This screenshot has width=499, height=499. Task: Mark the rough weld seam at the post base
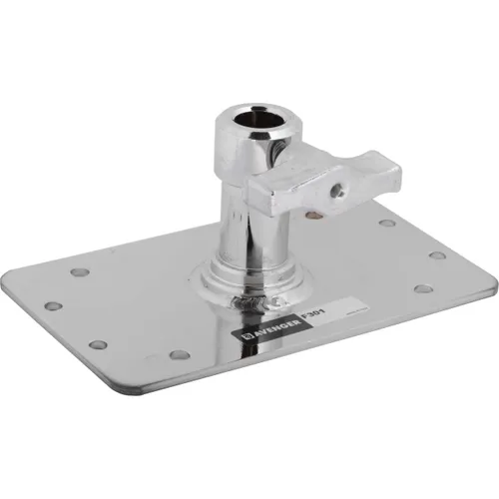(243, 298)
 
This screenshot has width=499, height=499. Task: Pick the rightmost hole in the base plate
(437, 254)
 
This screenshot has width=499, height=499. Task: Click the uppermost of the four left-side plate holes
(80, 271)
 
